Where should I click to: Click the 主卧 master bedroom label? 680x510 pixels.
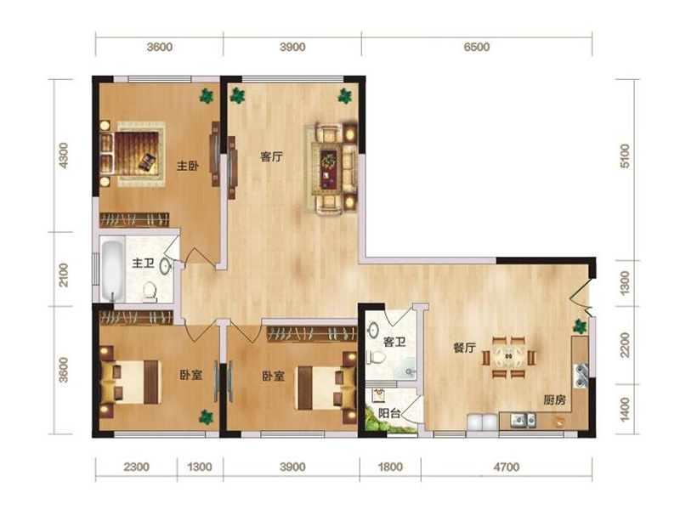click(187, 166)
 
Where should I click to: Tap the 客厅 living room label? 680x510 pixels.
click(271, 156)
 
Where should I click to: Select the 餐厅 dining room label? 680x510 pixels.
click(464, 348)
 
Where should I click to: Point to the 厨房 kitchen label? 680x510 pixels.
click(555, 399)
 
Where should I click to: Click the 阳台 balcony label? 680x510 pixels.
click(389, 413)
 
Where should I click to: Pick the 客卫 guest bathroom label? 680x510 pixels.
click(394, 343)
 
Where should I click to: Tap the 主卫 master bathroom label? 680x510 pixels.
click(143, 263)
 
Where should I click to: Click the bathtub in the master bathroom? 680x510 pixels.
click(112, 270)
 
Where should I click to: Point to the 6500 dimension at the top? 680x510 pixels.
click(477, 47)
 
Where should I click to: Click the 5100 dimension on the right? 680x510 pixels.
click(625, 156)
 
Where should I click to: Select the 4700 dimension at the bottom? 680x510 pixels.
click(506, 467)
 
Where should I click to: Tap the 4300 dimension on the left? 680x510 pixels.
click(63, 156)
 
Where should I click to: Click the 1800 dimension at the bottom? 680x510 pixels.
click(390, 467)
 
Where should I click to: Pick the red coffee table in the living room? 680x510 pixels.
click(329, 169)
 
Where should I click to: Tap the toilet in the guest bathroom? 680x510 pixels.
click(376, 357)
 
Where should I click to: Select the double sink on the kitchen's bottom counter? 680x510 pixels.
click(524, 419)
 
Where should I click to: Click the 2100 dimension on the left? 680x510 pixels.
click(63, 275)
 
